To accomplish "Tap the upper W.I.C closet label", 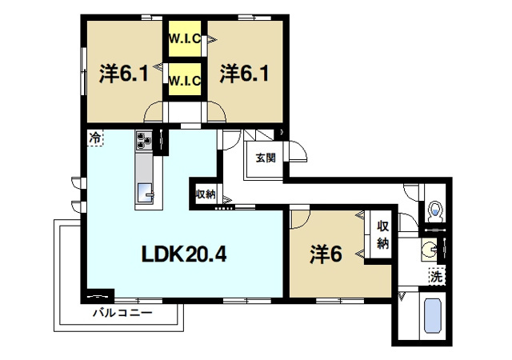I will (x=185, y=38).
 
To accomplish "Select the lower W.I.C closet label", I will (x=185, y=80).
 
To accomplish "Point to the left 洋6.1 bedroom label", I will (x=122, y=74).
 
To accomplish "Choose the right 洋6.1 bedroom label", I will (x=243, y=74).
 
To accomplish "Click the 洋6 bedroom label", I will (x=326, y=254).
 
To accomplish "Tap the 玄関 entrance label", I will (x=266, y=158).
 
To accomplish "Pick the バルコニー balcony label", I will (x=122, y=312).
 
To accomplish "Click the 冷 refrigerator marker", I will (x=95, y=138).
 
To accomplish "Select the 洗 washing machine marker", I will (x=435, y=277).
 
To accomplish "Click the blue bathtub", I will (x=432, y=318).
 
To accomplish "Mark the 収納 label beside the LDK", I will (x=205, y=193).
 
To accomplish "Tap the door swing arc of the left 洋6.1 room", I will (x=155, y=111).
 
